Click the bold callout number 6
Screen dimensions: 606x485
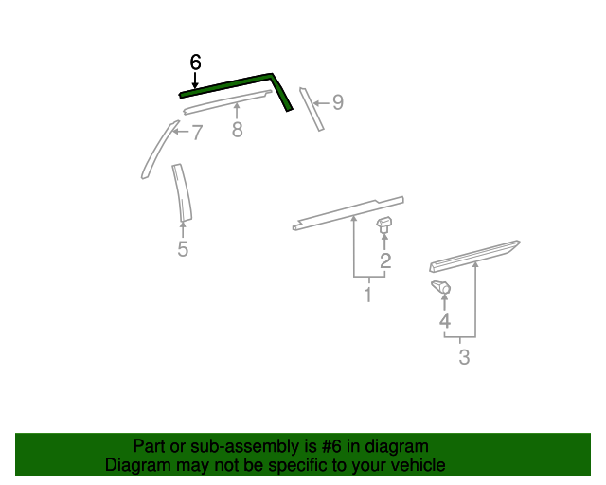pos(196,62)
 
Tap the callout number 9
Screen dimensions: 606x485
pos(338,102)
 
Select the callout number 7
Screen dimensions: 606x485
pos(197,133)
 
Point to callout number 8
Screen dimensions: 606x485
pos(238,129)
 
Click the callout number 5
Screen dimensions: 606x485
pos(183,249)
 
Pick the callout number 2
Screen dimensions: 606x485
pos(385,260)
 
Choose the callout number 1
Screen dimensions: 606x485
pos(368,295)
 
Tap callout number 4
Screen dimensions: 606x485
pos(445,320)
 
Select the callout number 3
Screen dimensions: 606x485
pos(464,357)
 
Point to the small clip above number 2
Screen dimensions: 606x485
pos(384,225)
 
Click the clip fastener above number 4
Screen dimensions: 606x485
pos(441,287)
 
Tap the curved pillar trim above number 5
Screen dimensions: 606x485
pos(183,193)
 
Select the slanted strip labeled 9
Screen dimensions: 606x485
pos(312,109)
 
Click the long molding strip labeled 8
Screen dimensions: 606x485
pos(227,102)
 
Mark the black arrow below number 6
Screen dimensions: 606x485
pos(195,81)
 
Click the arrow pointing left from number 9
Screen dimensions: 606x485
pos(322,103)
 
